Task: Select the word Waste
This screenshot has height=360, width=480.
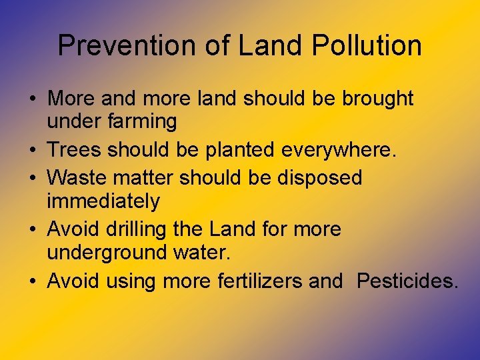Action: click(x=79, y=177)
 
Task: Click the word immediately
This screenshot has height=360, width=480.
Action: click(x=103, y=201)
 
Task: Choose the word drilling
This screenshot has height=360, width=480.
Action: click(x=136, y=229)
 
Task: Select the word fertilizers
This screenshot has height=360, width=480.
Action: click(x=261, y=281)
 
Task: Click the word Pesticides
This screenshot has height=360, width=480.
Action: click(x=407, y=281)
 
